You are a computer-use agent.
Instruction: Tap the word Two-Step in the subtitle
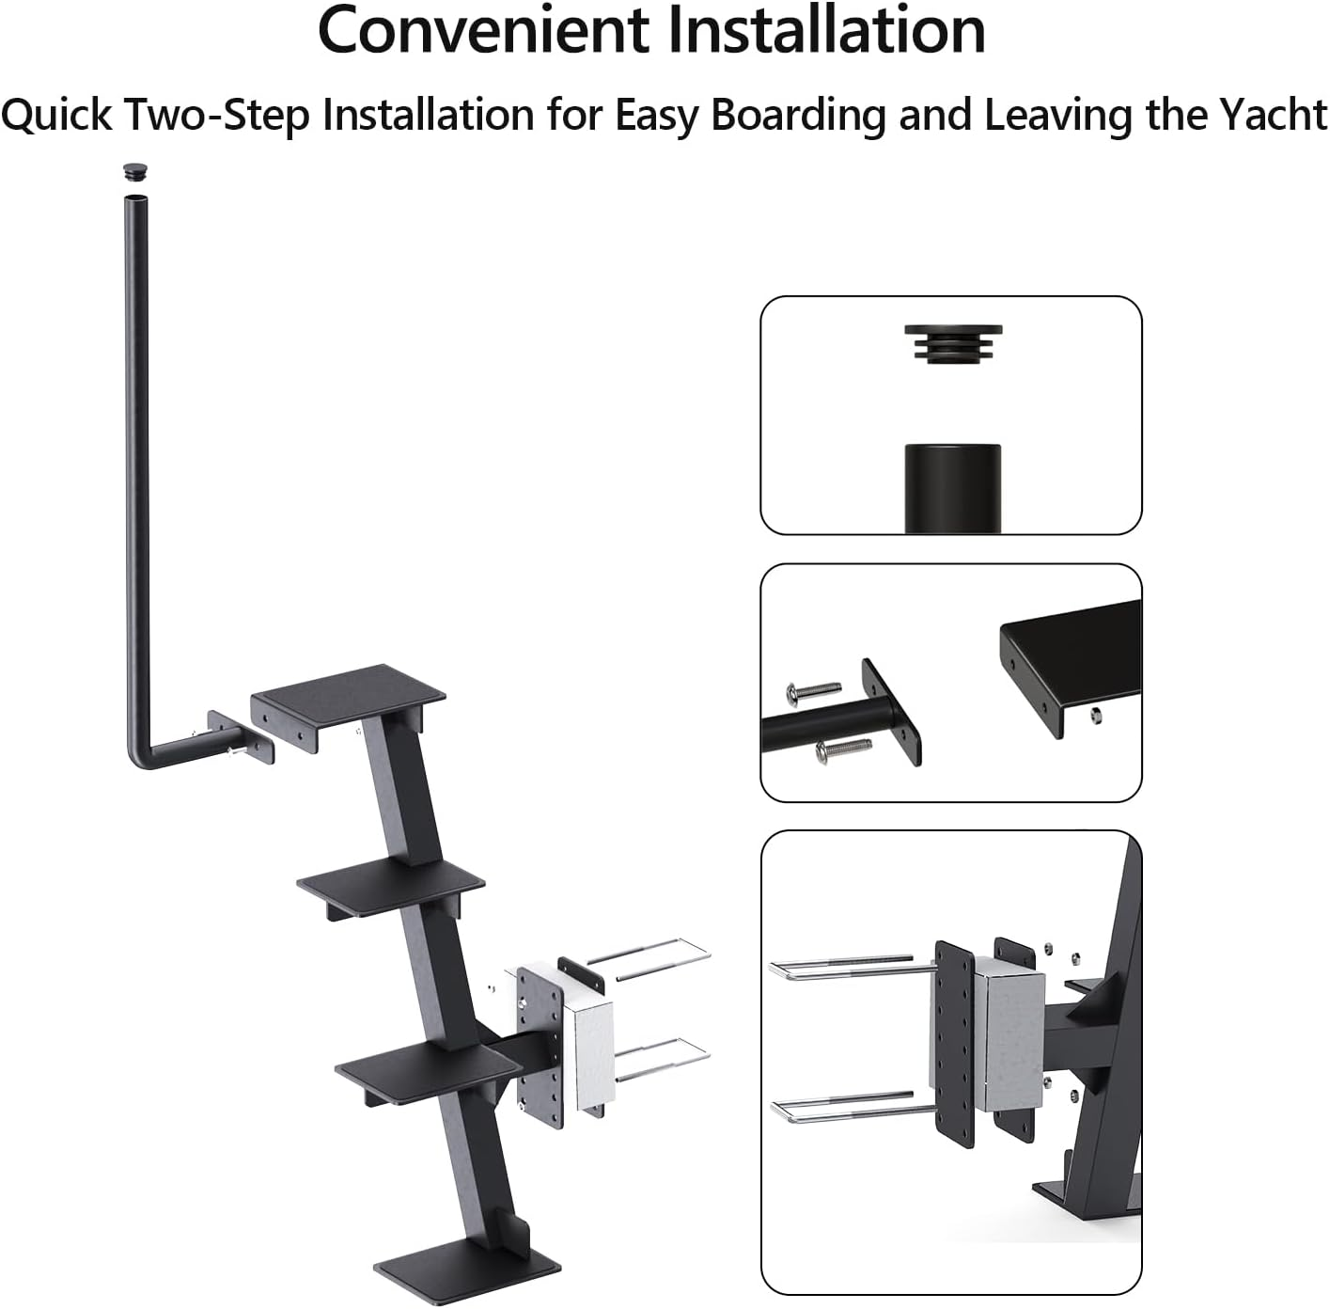[x=217, y=115]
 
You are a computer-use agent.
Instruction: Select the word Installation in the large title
[x=826, y=30]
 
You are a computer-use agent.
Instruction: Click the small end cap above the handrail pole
[x=138, y=171]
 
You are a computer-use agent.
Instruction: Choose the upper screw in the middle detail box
[x=814, y=691]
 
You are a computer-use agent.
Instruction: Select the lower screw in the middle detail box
[x=843, y=749]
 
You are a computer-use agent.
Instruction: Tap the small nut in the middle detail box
[x=1096, y=716]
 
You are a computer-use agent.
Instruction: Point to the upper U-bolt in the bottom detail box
[x=846, y=968]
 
